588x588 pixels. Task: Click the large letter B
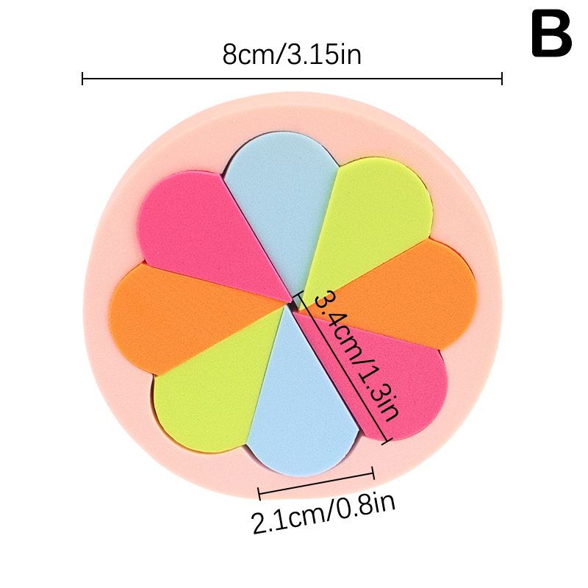coord(551,36)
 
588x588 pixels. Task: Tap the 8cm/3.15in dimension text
coord(292,54)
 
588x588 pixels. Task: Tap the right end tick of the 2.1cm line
coord(374,473)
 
